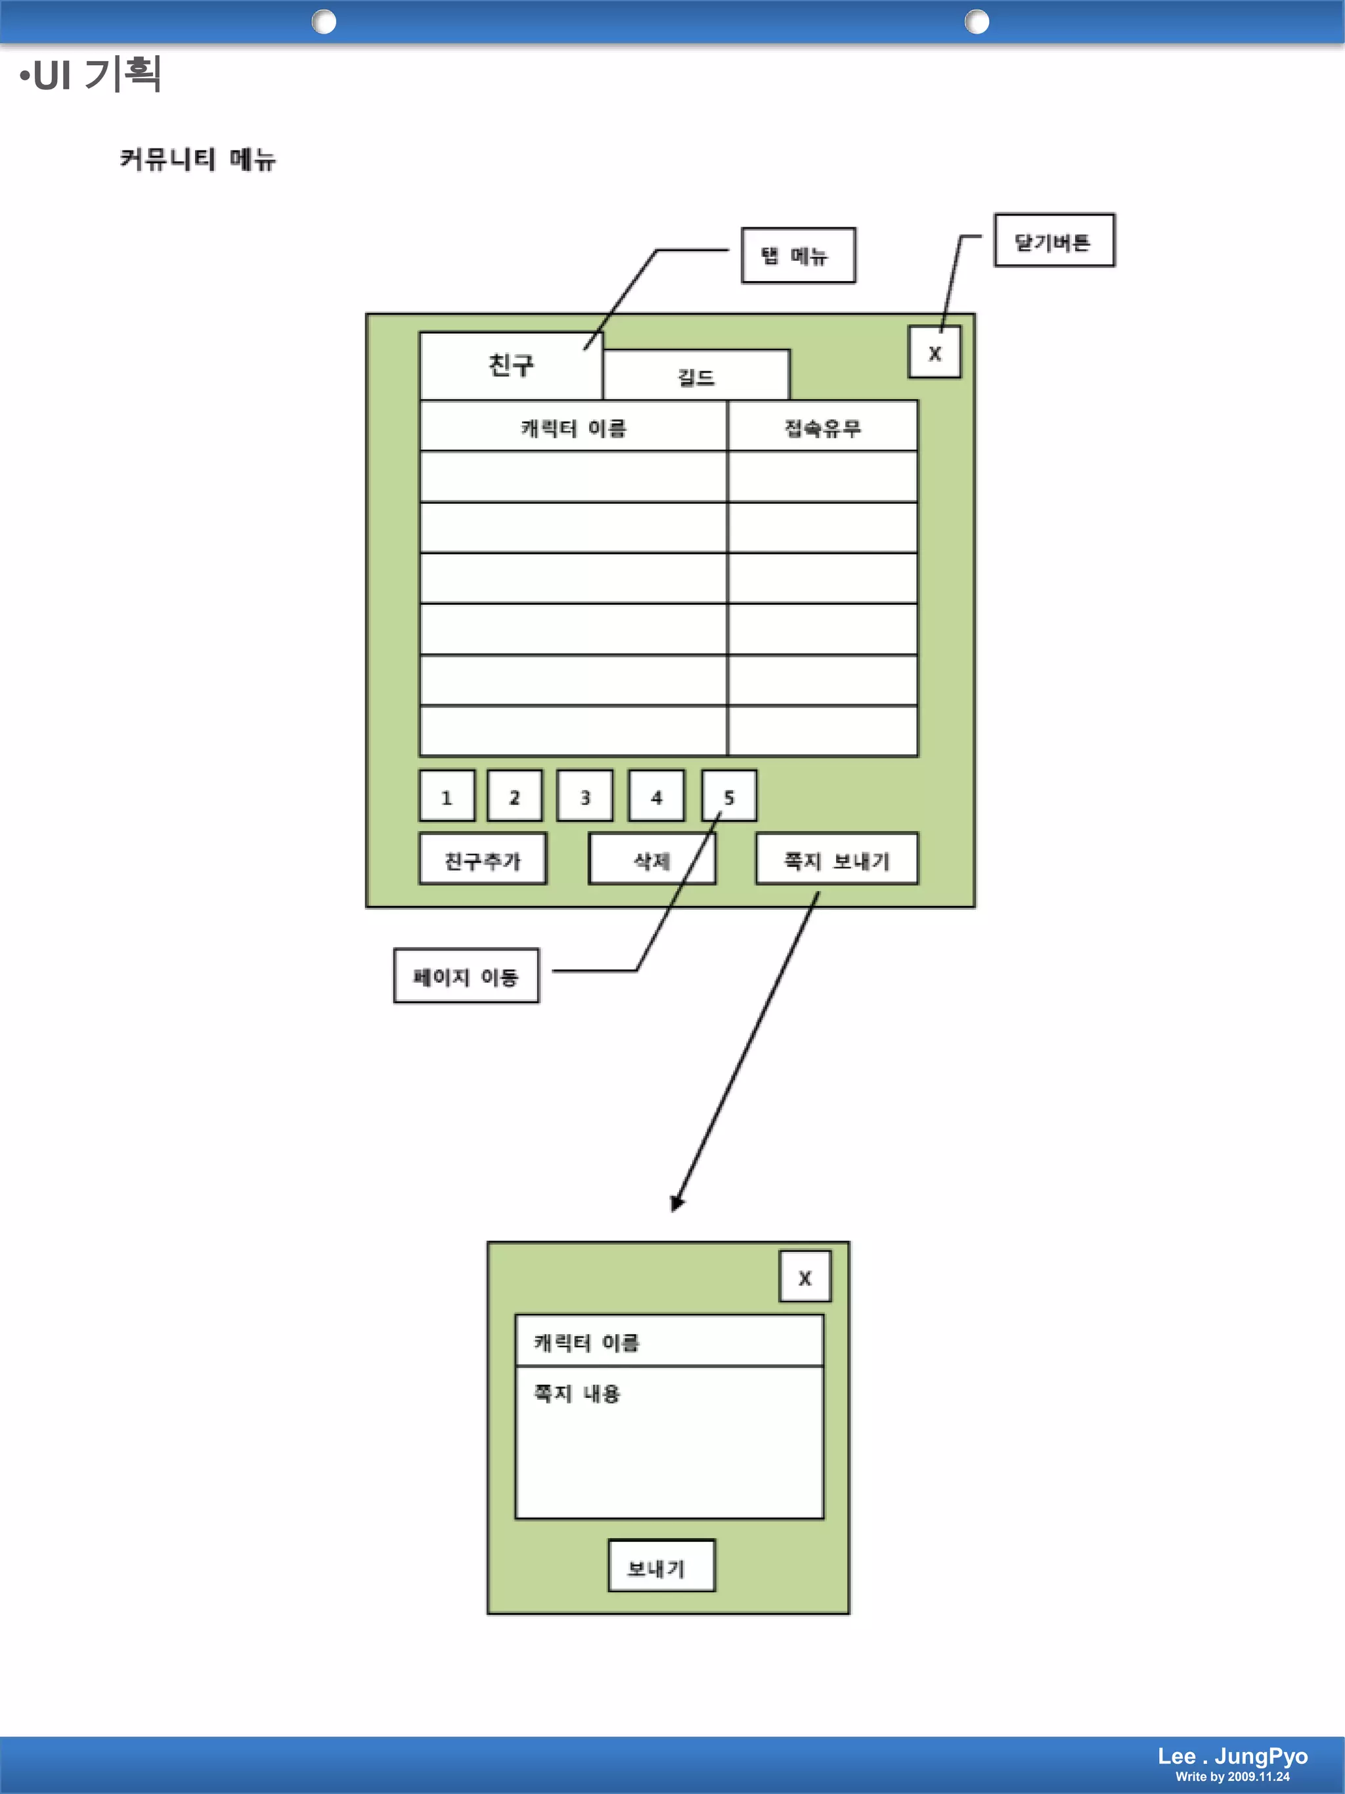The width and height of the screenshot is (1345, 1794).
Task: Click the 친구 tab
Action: pos(511,365)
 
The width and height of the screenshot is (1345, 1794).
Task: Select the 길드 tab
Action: pos(695,376)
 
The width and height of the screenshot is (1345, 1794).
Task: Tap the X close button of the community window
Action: pos(934,353)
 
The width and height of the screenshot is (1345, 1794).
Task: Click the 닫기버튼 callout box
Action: pos(1054,241)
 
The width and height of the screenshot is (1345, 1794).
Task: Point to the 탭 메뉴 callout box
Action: pos(798,256)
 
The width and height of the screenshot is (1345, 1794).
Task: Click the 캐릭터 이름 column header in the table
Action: pos(573,426)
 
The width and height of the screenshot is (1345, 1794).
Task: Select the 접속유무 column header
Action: pos(822,426)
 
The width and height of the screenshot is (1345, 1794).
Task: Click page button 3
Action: pos(584,796)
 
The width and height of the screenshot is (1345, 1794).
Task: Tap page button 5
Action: pos(729,796)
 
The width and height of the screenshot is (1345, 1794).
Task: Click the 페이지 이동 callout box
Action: pos(466,975)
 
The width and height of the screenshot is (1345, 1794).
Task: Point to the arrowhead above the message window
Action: pos(677,1203)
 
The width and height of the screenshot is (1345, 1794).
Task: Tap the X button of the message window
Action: pos(805,1278)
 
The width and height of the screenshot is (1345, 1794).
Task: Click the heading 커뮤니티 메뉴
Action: pos(198,159)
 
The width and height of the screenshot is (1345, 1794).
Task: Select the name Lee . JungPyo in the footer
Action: pos(1232,1756)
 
